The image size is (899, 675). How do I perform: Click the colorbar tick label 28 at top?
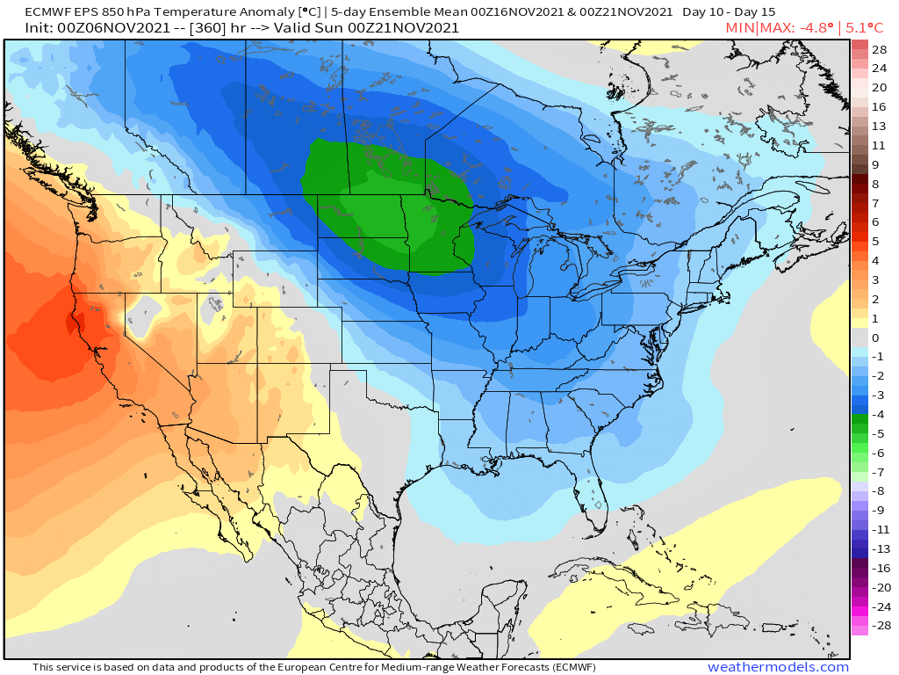click(x=879, y=48)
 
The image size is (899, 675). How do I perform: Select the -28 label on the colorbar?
click(x=879, y=626)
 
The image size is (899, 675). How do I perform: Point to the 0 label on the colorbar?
click(x=874, y=337)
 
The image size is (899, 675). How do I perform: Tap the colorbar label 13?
click(x=879, y=126)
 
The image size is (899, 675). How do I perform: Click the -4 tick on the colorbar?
click(x=879, y=414)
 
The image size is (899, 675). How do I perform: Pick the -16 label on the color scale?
click(x=879, y=568)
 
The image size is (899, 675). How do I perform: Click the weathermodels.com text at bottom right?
click(x=778, y=667)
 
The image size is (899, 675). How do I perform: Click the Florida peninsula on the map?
click(x=589, y=497)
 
